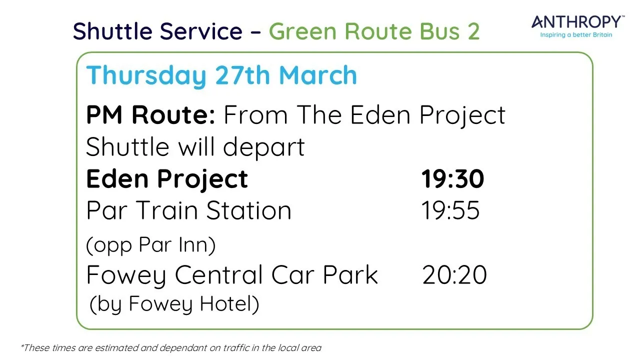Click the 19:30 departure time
452,179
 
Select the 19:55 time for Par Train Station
450,210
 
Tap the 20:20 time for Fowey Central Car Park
454,275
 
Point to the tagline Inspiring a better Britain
576,35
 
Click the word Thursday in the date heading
146,75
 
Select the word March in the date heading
318,75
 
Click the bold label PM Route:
150,115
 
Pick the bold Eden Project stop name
167,179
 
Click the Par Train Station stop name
188,210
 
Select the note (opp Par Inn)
150,245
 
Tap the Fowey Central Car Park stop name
232,275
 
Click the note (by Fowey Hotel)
174,304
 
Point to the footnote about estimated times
170,347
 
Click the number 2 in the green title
473,31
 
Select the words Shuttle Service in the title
157,31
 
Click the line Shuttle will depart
195,147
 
